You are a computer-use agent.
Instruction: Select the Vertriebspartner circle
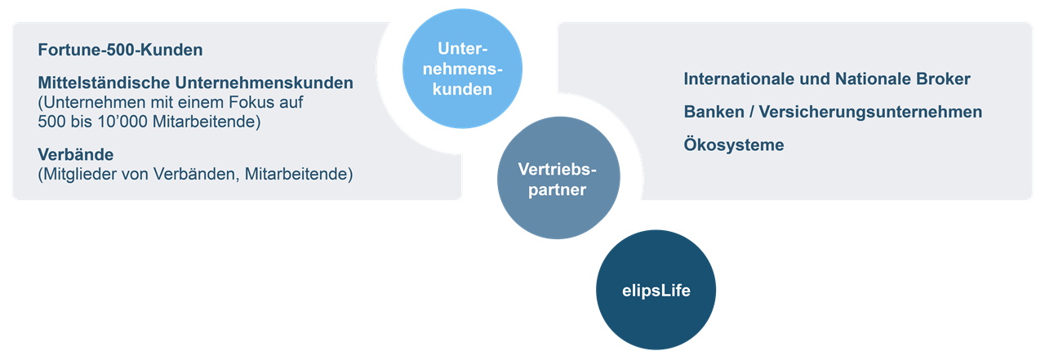[558, 179]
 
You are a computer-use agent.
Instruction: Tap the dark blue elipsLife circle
[654, 290]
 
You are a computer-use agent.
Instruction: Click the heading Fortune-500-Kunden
[120, 50]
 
